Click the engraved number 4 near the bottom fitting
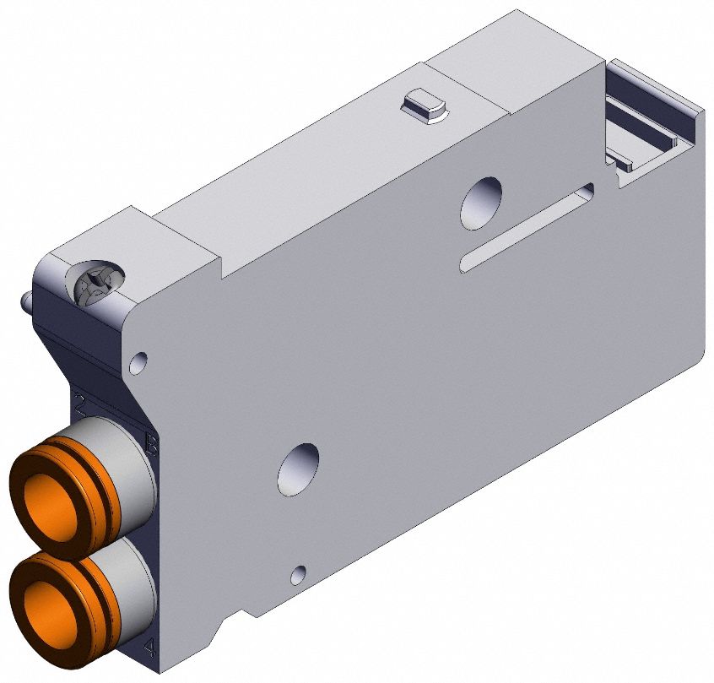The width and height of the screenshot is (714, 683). click(x=149, y=648)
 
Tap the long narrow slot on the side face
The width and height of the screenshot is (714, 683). click(x=527, y=228)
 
